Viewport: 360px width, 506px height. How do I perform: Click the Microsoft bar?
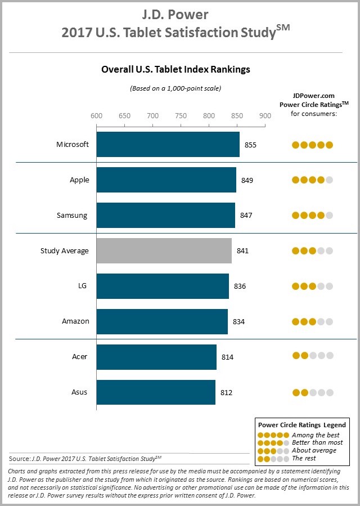click(x=168, y=145)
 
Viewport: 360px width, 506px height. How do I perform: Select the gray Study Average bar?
click(x=164, y=251)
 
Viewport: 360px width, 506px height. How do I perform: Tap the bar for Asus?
click(x=156, y=392)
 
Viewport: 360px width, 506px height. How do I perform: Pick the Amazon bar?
click(x=162, y=321)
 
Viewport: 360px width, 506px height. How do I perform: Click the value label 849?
click(x=247, y=181)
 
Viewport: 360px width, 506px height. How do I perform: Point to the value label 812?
click(x=226, y=393)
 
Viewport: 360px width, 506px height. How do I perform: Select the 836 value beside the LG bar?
click(x=240, y=286)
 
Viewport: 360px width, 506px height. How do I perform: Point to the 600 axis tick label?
click(x=97, y=116)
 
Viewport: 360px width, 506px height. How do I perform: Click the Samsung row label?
click(x=72, y=216)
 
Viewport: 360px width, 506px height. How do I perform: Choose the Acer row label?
click(x=80, y=357)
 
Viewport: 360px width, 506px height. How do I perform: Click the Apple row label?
click(x=79, y=180)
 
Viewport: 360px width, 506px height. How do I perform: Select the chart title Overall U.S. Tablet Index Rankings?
click(x=175, y=70)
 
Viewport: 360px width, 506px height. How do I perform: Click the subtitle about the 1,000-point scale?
click(x=175, y=88)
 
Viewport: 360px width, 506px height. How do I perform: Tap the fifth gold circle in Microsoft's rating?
click(x=330, y=145)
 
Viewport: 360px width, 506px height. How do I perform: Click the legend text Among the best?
click(x=316, y=435)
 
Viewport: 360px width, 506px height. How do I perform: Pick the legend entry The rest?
click(x=304, y=459)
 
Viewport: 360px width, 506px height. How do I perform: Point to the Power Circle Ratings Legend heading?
click(x=301, y=424)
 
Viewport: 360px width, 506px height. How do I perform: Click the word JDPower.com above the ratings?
click(x=313, y=96)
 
